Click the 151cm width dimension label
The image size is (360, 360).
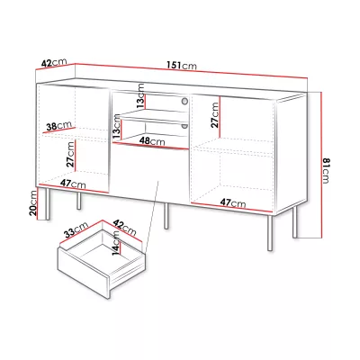182,65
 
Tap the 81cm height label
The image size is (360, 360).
326,170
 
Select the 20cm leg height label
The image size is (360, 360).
33,203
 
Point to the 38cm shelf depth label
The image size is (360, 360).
59,125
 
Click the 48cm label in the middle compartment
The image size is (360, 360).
152,141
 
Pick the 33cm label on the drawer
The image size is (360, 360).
76,229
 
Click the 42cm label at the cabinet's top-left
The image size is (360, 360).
54,63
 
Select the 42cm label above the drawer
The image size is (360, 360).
124,228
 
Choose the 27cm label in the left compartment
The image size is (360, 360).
70,154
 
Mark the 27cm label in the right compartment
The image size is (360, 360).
214,115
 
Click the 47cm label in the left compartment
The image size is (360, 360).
73,184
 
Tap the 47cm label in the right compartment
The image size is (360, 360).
233,202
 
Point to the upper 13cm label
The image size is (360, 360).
140,96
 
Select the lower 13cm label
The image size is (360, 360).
117,127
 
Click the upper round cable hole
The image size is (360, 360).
184,101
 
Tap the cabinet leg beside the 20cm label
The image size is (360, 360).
47,204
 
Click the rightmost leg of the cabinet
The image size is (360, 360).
295,222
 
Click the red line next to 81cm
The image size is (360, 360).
321,166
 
